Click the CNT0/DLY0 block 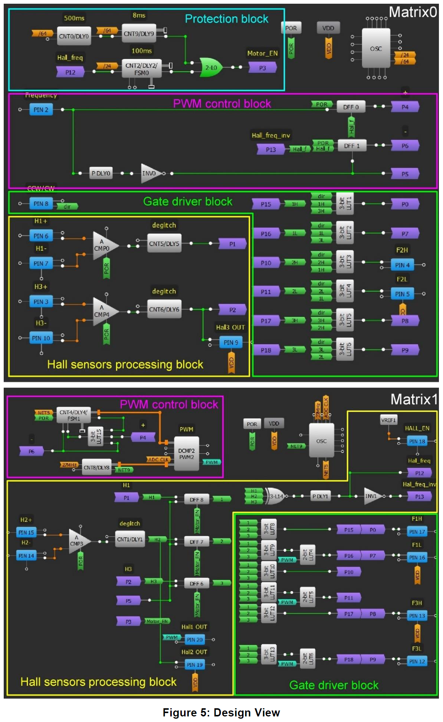[74, 36]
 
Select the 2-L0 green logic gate [211, 67]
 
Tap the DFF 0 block [351, 107]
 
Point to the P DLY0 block [101, 173]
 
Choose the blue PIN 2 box [41, 110]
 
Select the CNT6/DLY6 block [164, 309]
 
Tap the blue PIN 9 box [231, 342]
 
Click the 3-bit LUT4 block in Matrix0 [345, 291]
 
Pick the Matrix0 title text [413, 12]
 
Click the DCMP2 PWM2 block [186, 453]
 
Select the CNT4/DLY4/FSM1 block [73, 415]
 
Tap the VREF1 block [388, 420]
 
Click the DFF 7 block [196, 542]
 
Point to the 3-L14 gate [275, 496]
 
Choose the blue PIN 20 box [194, 640]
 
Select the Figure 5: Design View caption [221, 712]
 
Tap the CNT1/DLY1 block [129, 539]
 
